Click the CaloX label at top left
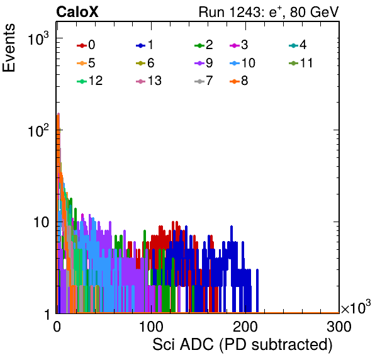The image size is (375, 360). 77,12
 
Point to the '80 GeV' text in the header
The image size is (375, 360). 315,12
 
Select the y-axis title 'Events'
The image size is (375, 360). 9,48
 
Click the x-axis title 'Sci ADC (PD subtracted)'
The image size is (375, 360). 242,345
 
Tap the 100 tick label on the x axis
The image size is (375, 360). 151,327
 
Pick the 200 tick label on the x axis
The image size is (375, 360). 245,327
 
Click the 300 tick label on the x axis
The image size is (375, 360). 339,327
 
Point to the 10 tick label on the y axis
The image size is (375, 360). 41,222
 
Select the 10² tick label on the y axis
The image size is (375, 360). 38,130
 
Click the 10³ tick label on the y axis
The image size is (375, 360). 38,38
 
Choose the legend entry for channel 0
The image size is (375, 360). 86,45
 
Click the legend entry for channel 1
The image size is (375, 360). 145,45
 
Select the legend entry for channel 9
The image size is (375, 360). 204,63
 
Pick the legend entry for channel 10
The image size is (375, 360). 242,63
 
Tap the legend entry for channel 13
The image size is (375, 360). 148,81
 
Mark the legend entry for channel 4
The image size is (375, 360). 298,45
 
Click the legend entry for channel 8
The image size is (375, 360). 239,81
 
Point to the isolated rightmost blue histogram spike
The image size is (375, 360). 257,291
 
